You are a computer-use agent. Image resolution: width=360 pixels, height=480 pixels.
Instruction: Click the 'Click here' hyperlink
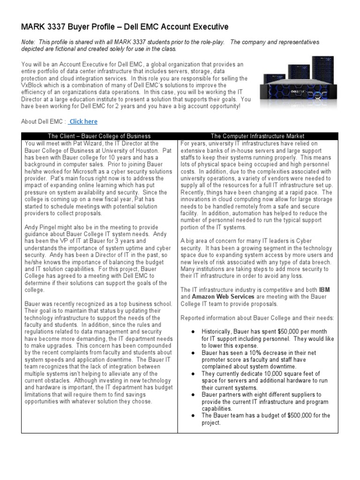click(83, 121)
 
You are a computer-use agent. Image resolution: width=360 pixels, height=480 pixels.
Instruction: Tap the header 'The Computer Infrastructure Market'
click(257, 136)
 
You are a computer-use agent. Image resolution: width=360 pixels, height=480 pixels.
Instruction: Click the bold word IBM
click(324, 290)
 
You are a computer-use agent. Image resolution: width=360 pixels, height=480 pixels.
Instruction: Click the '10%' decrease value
click(255, 352)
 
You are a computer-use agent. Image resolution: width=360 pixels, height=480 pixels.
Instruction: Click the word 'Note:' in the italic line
click(28, 42)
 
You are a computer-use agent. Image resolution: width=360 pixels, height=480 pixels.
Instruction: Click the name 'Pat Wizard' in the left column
click(75, 143)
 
